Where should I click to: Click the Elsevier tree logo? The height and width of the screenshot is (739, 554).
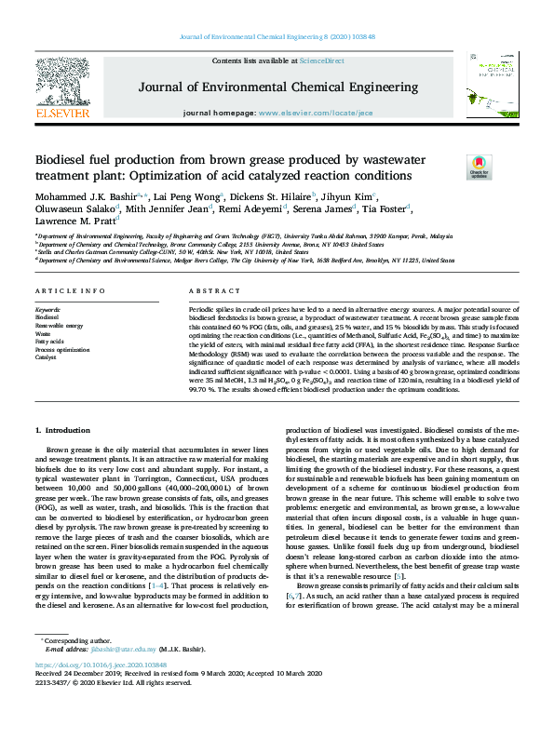(x=61, y=87)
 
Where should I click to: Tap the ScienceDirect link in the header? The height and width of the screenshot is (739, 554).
(x=322, y=60)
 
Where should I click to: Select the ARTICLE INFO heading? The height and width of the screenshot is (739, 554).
(x=71, y=290)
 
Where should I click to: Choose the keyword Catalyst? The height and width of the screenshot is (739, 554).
(x=46, y=356)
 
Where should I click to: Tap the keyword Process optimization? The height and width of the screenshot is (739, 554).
(x=63, y=349)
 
